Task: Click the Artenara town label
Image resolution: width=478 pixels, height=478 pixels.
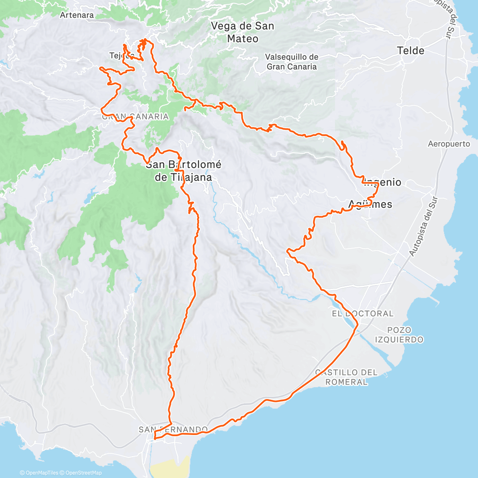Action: (77, 15)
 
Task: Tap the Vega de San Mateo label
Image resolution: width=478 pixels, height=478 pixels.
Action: (243, 32)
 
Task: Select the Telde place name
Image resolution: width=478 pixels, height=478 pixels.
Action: (410, 51)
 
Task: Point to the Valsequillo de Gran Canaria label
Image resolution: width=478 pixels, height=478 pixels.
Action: (292, 62)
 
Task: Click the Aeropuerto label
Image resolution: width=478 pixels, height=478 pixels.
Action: (449, 144)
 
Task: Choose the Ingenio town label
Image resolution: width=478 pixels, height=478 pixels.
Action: (383, 182)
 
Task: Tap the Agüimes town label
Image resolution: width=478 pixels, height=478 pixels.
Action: (370, 204)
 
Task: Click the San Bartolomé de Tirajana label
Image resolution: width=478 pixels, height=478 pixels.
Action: (184, 170)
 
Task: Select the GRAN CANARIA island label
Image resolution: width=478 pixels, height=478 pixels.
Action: (135, 117)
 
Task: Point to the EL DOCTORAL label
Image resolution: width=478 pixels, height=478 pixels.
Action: (362, 313)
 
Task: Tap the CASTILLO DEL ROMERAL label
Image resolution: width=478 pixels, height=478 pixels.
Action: (346, 377)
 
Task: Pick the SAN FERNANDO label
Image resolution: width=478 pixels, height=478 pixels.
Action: (173, 429)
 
